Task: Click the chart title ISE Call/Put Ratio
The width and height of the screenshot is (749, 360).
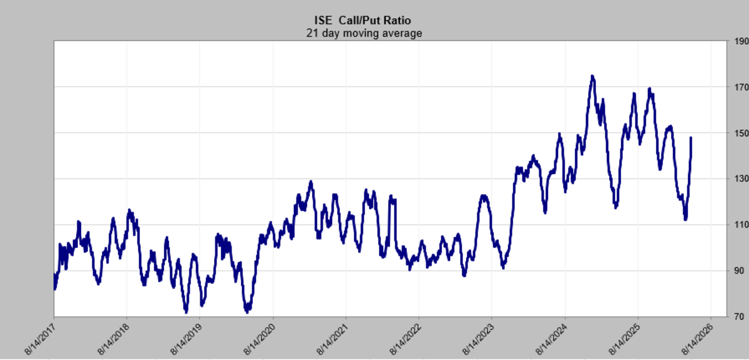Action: coord(363,21)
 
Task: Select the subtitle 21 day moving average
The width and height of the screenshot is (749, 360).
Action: coord(364,34)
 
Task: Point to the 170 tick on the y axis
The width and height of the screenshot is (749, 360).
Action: coord(742,87)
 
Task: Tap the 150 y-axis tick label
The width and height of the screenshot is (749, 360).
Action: coord(742,134)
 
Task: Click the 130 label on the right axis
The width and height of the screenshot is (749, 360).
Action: coord(742,179)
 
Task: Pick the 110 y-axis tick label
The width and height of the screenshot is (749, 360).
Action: coord(742,225)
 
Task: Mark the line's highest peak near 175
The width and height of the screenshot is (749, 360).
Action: coord(592,77)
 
